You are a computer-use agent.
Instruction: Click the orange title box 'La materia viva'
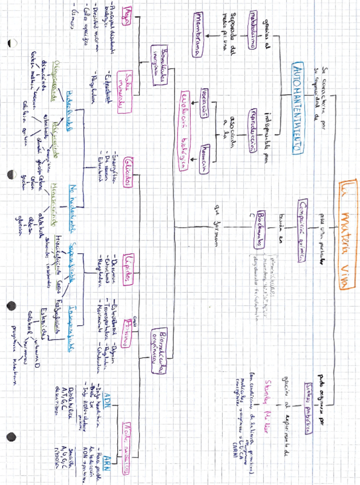pos(347,235)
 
